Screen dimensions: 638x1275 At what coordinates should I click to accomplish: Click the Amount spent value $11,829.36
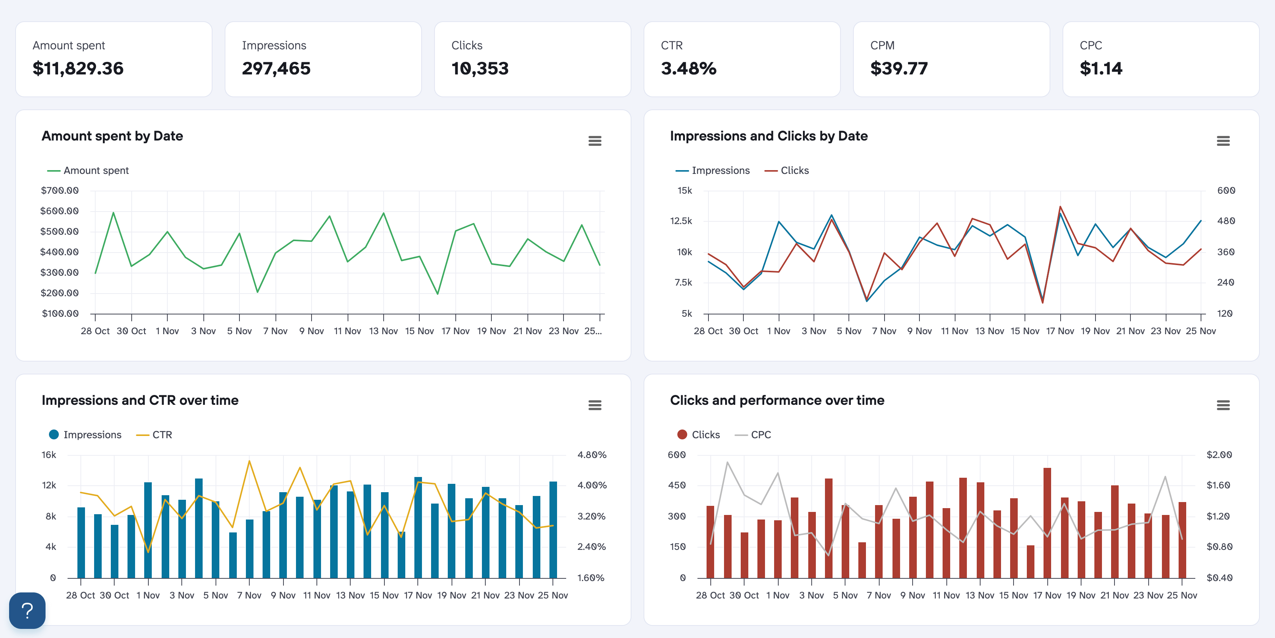[78, 68]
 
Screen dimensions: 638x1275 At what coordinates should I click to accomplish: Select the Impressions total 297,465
[276, 68]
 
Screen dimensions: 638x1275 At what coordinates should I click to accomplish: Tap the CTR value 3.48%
[688, 68]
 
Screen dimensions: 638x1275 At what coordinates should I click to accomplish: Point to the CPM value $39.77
[899, 68]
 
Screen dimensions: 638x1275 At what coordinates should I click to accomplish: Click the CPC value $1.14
[1101, 68]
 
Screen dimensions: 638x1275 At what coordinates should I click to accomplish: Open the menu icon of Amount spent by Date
[595, 141]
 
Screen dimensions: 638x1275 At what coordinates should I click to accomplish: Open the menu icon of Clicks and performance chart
[1223, 405]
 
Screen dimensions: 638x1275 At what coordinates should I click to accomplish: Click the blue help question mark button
[27, 610]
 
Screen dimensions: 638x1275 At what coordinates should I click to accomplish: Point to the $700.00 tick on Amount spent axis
[60, 191]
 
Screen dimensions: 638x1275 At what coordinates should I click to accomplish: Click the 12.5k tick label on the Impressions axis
[681, 221]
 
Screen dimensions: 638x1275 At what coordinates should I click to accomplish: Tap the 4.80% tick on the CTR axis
[592, 455]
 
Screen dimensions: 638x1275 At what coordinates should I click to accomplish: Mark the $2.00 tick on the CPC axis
[1219, 455]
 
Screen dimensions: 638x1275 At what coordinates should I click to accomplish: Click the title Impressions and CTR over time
[140, 400]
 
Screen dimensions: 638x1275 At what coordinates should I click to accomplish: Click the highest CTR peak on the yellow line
[249, 461]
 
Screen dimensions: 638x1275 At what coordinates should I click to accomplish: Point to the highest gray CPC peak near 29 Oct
[727, 463]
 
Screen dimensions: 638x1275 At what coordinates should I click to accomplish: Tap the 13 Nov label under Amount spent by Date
[383, 331]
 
